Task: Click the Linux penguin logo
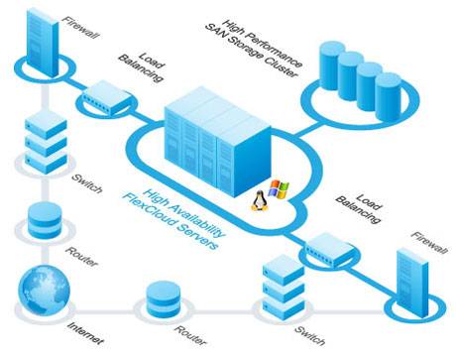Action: coord(260,201)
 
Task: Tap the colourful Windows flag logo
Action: coord(279,189)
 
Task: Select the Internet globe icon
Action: coord(44,291)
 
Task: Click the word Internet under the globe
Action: coord(86,333)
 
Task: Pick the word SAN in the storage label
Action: coord(215,32)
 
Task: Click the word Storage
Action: coord(245,48)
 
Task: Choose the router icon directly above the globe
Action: coord(45,220)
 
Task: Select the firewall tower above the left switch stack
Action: coord(43,42)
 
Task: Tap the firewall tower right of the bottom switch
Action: coord(412,284)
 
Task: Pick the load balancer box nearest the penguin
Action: coord(328,250)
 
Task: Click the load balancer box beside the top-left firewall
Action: coord(106,97)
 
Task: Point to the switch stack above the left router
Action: coord(46,142)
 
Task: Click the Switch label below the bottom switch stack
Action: coord(309,335)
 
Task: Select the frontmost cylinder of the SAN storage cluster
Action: coord(389,96)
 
